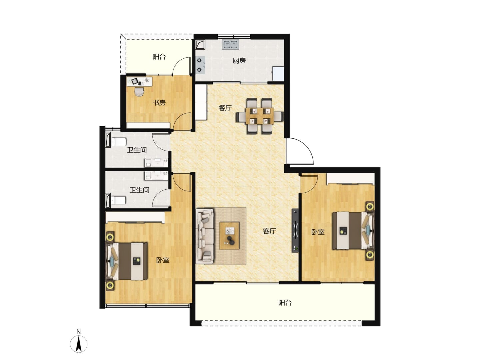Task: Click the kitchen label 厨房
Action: click(x=239, y=61)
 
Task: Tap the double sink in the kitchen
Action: click(x=230, y=44)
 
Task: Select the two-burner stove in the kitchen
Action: click(x=200, y=64)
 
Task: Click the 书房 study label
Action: click(x=159, y=103)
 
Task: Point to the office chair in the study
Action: click(x=139, y=91)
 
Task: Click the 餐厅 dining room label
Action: click(x=225, y=108)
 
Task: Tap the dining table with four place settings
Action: click(x=260, y=116)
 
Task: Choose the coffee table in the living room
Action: click(x=229, y=235)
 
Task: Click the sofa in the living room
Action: click(x=204, y=236)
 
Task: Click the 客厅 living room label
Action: click(x=269, y=231)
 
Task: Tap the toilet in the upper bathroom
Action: click(x=118, y=141)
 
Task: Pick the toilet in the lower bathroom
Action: click(x=118, y=200)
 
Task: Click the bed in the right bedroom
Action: click(x=353, y=230)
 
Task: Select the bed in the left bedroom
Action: click(x=127, y=261)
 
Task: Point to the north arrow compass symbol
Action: click(x=79, y=344)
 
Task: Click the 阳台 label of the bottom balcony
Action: click(x=285, y=303)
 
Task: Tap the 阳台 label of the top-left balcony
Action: click(x=159, y=57)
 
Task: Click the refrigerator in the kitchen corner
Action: click(x=278, y=74)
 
